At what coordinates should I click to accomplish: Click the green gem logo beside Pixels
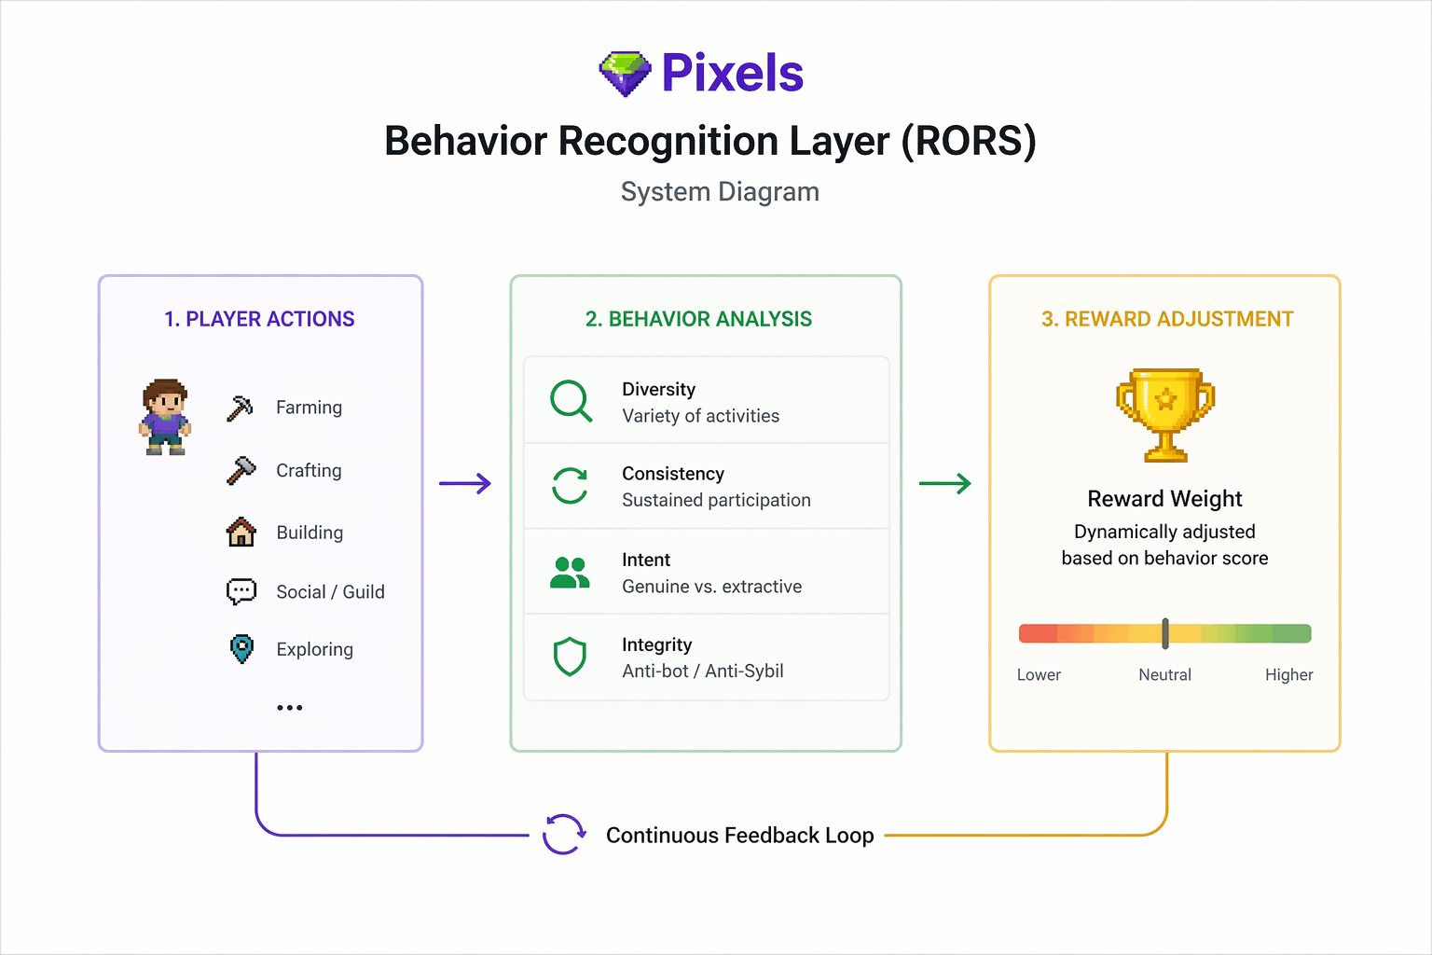(x=625, y=74)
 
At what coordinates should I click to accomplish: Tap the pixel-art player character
(x=165, y=416)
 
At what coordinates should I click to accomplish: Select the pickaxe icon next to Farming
(x=241, y=408)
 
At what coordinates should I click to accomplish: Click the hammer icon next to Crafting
(x=241, y=470)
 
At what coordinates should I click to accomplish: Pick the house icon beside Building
(x=241, y=532)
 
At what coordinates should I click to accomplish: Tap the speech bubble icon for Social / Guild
(x=241, y=591)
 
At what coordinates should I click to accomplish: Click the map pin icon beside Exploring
(x=241, y=648)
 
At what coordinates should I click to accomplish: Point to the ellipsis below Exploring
(x=290, y=708)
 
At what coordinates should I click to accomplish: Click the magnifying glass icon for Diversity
(x=571, y=401)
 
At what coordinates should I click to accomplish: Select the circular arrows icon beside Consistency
(x=570, y=486)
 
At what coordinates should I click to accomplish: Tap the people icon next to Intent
(x=570, y=573)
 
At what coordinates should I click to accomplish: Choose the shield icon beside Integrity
(x=570, y=657)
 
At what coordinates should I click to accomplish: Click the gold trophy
(x=1165, y=414)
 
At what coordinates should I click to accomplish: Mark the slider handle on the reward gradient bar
(x=1165, y=633)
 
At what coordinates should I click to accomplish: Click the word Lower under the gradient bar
(x=1039, y=675)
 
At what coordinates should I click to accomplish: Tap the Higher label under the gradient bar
(x=1288, y=675)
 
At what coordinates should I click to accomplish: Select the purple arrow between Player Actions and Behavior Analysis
(x=465, y=483)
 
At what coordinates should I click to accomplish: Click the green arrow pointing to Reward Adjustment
(x=944, y=483)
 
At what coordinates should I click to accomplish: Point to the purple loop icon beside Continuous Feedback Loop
(x=564, y=834)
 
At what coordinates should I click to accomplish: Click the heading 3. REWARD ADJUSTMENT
(x=1167, y=319)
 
